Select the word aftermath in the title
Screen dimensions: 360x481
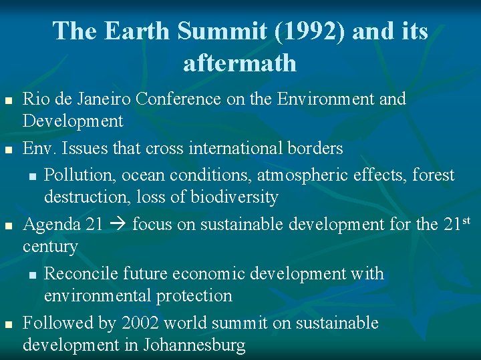pyautogui.click(x=240, y=63)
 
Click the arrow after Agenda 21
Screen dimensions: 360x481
pyautogui.click(x=118, y=225)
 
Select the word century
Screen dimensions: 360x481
pyautogui.click(x=50, y=247)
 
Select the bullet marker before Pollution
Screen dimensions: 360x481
pyautogui.click(x=32, y=177)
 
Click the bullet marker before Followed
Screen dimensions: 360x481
pyautogui.click(x=9, y=325)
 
